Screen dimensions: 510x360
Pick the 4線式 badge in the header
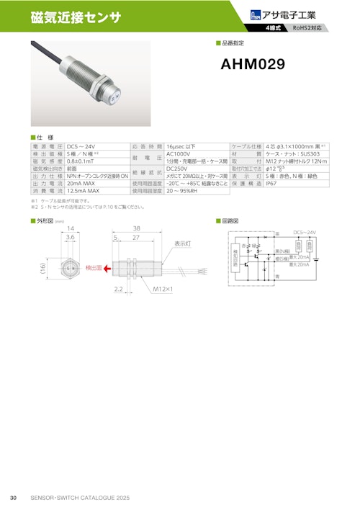pyautogui.click(x=274, y=28)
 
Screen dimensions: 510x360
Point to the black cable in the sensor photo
pyautogui.click(x=48, y=53)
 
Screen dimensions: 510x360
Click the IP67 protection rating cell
pyautogui.click(x=271, y=184)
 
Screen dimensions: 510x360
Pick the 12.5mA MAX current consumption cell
pyautogui.click(x=84, y=192)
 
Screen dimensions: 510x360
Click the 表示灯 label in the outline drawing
pyautogui.click(x=182, y=244)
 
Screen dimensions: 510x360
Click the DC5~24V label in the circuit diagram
pyautogui.click(x=304, y=233)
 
